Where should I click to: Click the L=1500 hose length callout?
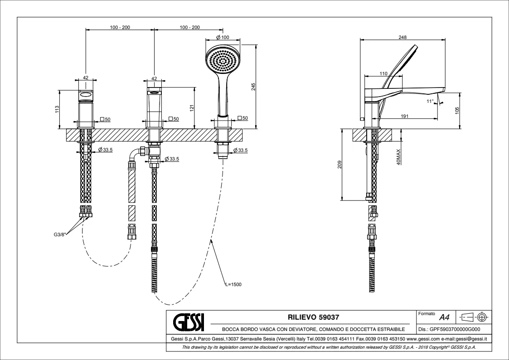[233, 284]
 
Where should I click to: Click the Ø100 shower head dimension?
[223, 37]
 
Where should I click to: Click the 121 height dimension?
[192, 108]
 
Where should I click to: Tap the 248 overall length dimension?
[402, 38]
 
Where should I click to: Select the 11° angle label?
[430, 101]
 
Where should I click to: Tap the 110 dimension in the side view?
[383, 73]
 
